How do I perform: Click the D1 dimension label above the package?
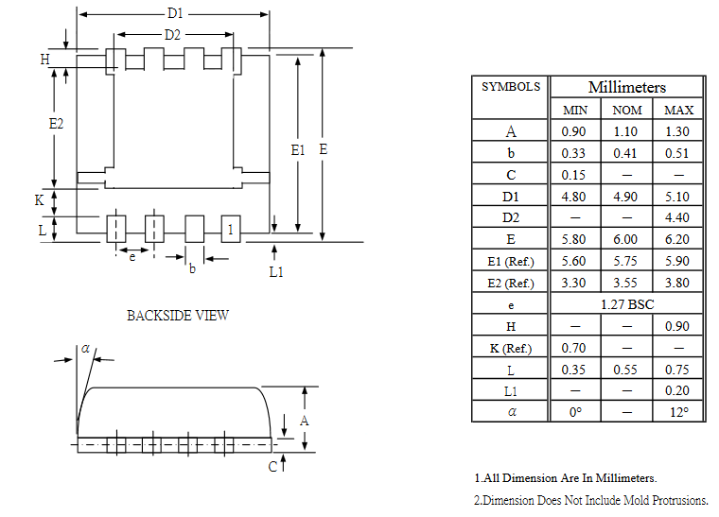(175, 14)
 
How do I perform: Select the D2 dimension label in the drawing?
(172, 35)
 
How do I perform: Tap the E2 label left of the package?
(56, 124)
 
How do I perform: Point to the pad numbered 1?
(230, 229)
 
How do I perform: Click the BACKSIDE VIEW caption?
(178, 316)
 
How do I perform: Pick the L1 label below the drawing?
(275, 271)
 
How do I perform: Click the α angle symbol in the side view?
(85, 349)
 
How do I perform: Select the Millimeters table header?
(626, 87)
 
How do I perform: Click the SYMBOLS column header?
(511, 87)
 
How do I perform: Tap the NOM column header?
(626, 110)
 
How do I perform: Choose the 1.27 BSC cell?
(626, 304)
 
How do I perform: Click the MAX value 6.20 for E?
(678, 239)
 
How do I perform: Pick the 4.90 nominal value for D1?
(626, 197)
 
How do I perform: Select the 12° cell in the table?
(678, 412)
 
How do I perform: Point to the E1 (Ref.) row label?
(511, 261)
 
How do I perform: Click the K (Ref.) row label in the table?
(511, 348)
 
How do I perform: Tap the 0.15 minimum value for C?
(573, 175)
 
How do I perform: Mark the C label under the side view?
(272, 466)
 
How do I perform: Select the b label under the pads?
(192, 268)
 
